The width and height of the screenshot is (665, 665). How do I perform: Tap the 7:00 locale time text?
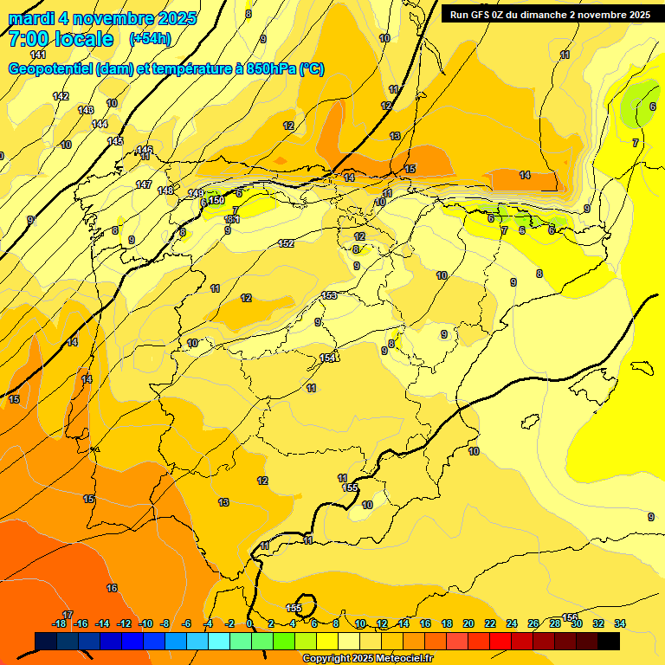pyautogui.click(x=61, y=39)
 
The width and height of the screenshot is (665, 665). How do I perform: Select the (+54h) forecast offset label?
pyautogui.click(x=150, y=39)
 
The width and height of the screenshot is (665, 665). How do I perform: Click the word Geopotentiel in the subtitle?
pyautogui.click(x=52, y=69)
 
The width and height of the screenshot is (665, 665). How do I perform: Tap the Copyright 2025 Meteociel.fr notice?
pyautogui.click(x=367, y=659)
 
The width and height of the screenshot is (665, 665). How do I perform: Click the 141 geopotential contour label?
pyautogui.click(x=38, y=55)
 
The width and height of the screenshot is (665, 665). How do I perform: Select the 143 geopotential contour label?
pyautogui.click(x=86, y=110)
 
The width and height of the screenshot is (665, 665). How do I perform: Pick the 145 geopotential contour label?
pyautogui.click(x=115, y=141)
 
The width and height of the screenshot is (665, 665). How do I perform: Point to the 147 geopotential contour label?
pyautogui.click(x=144, y=184)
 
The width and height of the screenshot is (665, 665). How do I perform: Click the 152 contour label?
pyautogui.click(x=287, y=243)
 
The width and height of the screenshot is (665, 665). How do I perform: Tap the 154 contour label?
pyautogui.click(x=328, y=358)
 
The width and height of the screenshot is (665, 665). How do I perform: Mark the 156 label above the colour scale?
pyautogui.click(x=570, y=617)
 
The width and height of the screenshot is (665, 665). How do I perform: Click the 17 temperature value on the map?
pyautogui.click(x=68, y=615)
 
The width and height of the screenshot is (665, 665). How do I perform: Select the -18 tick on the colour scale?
pyautogui.click(x=59, y=623)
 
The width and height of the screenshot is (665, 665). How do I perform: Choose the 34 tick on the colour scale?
pyautogui.click(x=619, y=623)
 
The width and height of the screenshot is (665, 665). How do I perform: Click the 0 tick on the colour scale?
pyautogui.click(x=250, y=623)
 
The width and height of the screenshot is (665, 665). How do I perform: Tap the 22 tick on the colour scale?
pyautogui.click(x=490, y=623)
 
